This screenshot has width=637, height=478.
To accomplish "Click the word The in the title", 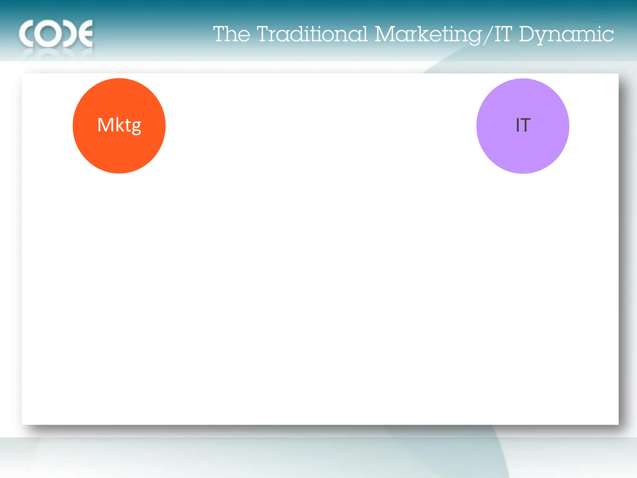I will tap(232, 34).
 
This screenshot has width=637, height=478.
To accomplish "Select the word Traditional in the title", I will tap(312, 34).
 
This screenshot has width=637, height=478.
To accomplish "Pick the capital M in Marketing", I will tap(385, 34).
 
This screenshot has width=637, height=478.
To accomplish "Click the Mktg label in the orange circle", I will tap(119, 125).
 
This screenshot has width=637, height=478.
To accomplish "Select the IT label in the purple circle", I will tap(523, 125).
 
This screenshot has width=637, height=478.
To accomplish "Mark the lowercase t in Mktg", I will tap(128, 125).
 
